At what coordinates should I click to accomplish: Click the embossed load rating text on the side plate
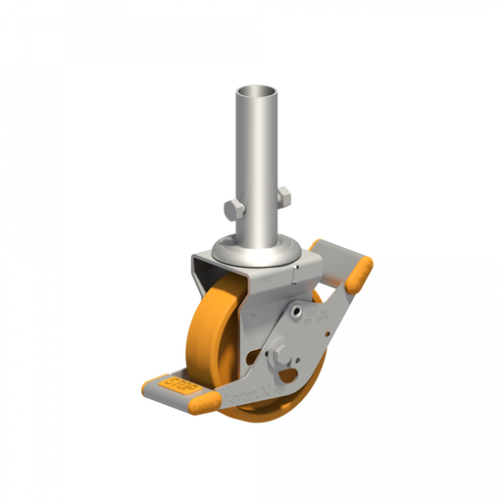pos(317,316)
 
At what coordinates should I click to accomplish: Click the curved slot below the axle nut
pos(287,376)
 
